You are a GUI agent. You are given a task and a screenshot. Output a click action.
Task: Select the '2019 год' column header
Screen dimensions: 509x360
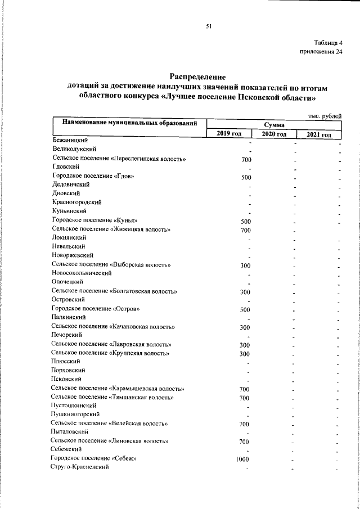(229, 134)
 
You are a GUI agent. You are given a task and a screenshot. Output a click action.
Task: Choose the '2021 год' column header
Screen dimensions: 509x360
(319, 134)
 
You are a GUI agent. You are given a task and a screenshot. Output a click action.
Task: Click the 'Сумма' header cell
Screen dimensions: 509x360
(273, 124)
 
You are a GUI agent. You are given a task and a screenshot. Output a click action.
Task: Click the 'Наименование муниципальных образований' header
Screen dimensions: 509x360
(130, 123)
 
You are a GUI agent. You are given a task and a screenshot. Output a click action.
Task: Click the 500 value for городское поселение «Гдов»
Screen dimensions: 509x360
(245, 177)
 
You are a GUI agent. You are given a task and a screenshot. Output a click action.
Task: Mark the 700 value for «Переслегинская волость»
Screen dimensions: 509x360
(245, 160)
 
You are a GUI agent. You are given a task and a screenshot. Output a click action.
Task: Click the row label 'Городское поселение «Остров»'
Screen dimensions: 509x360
(96, 309)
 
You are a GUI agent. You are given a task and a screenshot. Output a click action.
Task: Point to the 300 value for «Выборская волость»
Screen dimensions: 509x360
(245, 265)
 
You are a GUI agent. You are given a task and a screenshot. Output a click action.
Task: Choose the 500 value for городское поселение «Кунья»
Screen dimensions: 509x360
(245, 221)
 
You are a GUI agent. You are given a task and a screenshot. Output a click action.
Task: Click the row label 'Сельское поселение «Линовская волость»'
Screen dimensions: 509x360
(110, 441)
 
